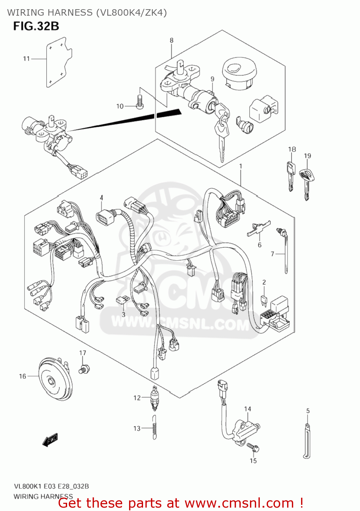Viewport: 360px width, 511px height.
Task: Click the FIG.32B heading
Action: tap(36, 26)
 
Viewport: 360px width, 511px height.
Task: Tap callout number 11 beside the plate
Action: tap(27, 59)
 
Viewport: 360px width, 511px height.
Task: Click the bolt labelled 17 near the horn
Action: tap(84, 369)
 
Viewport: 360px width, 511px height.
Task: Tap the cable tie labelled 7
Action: tap(285, 250)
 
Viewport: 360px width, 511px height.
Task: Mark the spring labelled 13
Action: tap(154, 428)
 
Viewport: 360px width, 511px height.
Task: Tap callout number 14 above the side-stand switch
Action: tap(248, 409)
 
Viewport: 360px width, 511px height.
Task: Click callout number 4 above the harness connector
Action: tap(101, 198)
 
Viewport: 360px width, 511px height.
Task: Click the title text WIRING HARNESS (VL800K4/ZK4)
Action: tap(87, 13)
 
